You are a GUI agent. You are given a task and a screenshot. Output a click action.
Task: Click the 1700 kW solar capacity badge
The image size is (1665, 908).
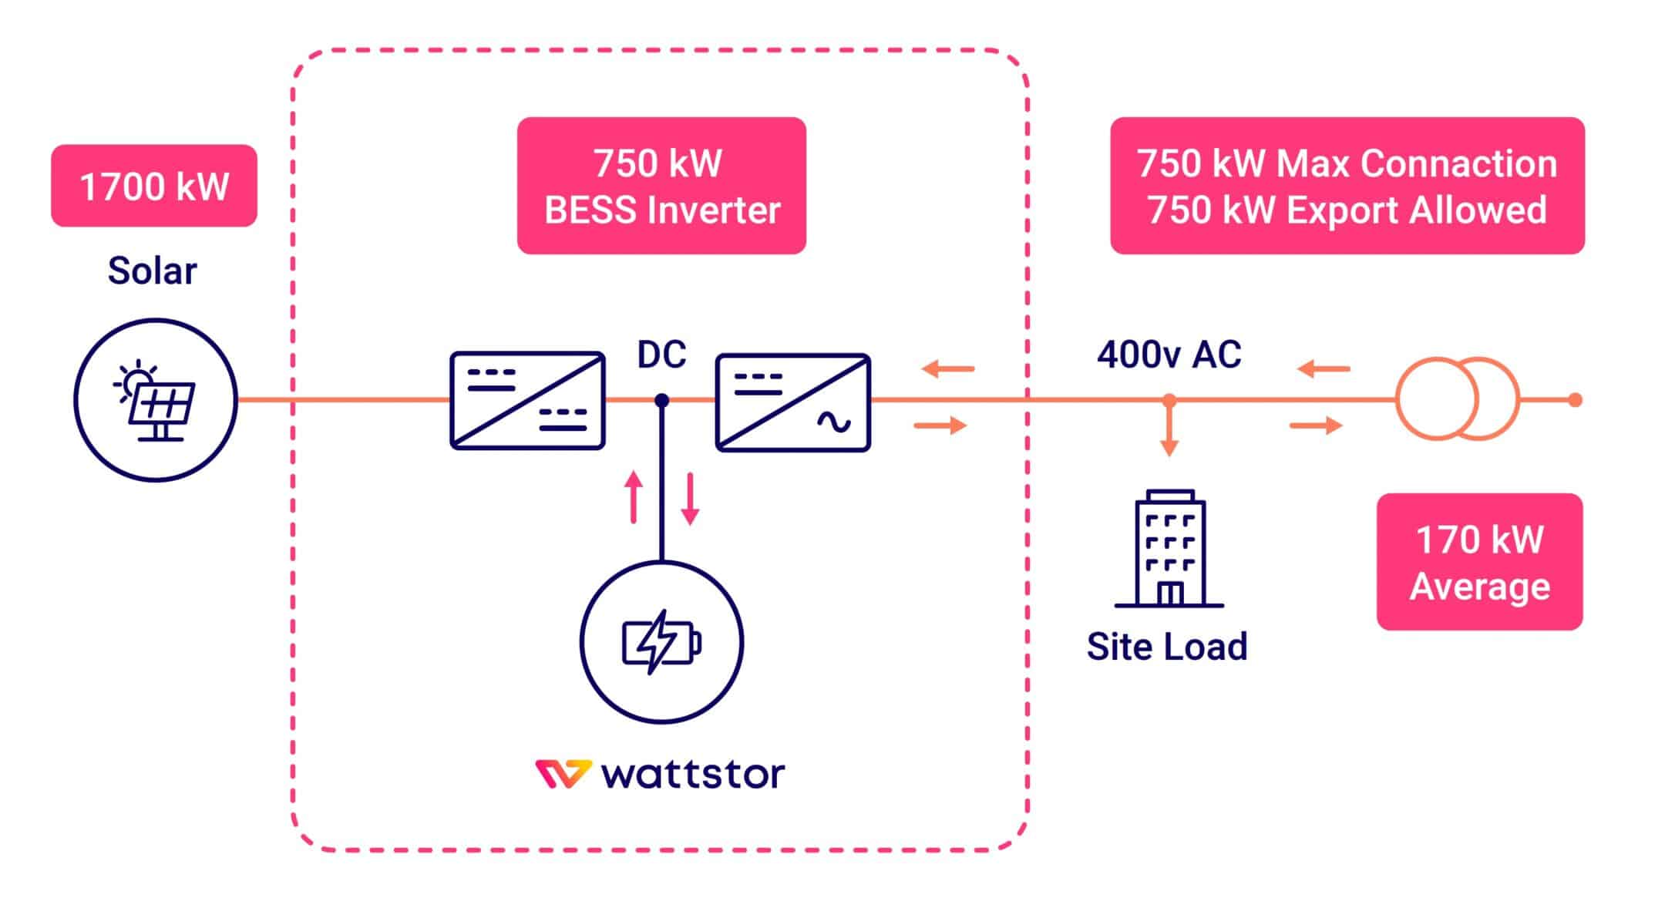pos(154,186)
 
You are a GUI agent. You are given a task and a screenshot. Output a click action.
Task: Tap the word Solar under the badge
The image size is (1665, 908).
pos(152,271)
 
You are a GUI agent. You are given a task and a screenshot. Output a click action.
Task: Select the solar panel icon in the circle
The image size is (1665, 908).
pos(155,400)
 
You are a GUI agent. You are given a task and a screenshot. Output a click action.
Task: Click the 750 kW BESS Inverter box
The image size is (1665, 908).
pos(661,186)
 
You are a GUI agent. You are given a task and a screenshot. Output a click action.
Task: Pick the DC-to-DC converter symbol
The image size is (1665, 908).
pos(527,400)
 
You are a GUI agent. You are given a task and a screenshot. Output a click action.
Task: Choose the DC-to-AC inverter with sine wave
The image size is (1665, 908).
pos(793,402)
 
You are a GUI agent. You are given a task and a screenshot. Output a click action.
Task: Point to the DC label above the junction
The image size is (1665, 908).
pos(661,355)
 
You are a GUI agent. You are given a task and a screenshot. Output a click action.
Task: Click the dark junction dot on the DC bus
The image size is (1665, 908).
pos(661,400)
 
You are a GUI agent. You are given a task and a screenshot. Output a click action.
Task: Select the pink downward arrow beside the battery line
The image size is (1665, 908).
pos(690,499)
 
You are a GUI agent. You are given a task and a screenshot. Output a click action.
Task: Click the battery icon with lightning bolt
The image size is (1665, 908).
pos(661,642)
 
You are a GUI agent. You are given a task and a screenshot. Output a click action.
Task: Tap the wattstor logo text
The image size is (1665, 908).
pos(691,774)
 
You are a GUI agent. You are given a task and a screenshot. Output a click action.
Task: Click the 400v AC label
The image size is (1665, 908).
pos(1169,355)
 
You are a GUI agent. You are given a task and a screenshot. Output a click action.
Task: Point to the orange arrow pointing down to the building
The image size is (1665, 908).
pos(1169,432)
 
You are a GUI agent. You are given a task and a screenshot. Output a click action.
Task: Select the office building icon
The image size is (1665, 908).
pos(1169,549)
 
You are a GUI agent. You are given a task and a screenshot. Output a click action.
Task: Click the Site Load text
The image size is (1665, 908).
pos(1166,646)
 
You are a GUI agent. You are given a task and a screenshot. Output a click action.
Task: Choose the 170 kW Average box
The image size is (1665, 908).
pos(1479,562)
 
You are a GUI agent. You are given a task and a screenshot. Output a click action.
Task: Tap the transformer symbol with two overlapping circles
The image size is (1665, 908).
pos(1457,399)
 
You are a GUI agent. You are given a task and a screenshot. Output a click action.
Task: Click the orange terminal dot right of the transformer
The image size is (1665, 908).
pos(1576,400)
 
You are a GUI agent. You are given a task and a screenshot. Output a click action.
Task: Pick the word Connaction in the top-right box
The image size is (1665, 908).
pos(1458,163)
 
